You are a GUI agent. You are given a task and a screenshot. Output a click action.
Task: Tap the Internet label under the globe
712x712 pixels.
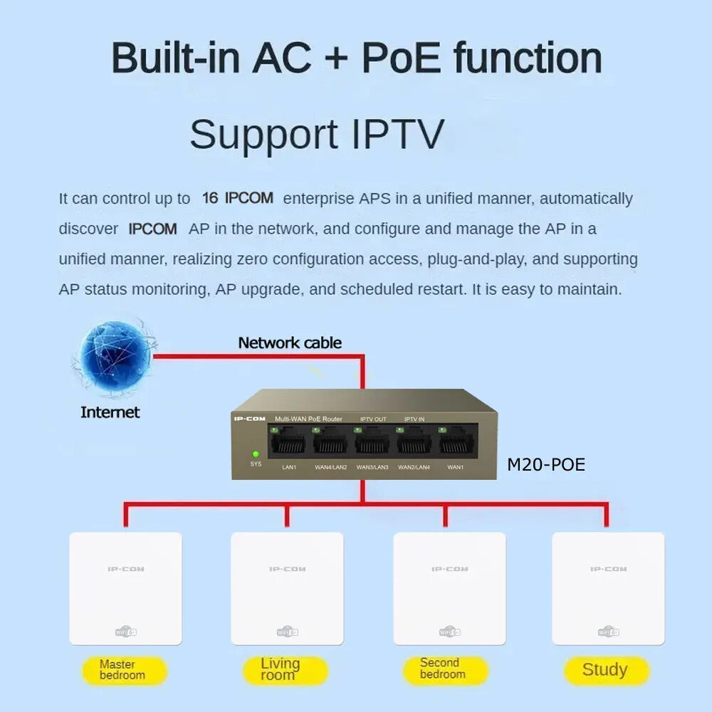coord(110,412)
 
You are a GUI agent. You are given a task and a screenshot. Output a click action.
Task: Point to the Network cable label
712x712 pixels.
coord(290,342)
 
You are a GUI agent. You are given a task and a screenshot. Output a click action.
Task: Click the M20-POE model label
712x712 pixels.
coord(545,465)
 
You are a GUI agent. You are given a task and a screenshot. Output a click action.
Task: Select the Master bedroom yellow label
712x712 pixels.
coord(123,669)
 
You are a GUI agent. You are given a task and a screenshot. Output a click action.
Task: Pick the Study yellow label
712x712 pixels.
coord(605,669)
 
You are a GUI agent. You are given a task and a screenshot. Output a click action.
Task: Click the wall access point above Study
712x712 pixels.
coord(608,588)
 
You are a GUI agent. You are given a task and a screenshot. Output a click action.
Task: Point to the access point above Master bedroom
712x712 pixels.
coord(125,588)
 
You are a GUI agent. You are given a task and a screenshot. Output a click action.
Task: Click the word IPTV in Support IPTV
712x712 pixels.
coord(398,134)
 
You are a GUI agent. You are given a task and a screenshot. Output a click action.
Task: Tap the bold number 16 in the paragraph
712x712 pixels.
coord(210,198)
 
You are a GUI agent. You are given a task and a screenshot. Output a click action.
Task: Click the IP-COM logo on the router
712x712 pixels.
coord(249,419)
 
